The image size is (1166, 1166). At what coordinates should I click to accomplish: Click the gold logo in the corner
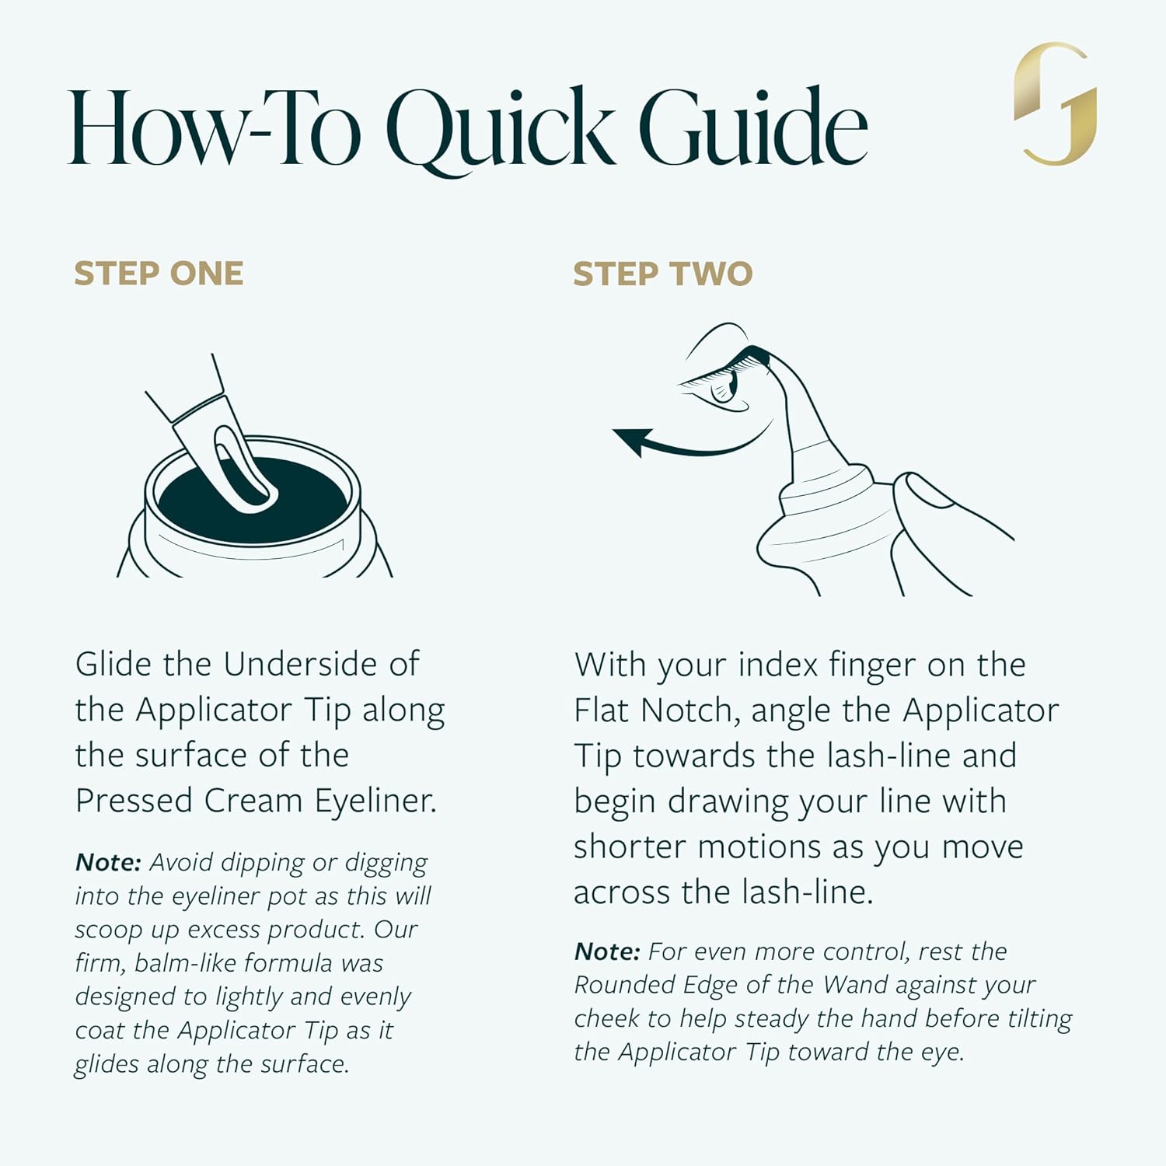point(1055,103)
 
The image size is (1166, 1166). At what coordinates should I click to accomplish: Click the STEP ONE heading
point(159,274)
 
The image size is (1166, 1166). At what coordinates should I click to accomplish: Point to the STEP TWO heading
point(663,274)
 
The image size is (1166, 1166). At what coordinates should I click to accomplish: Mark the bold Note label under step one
point(108,862)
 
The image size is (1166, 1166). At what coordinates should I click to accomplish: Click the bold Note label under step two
point(607,951)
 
